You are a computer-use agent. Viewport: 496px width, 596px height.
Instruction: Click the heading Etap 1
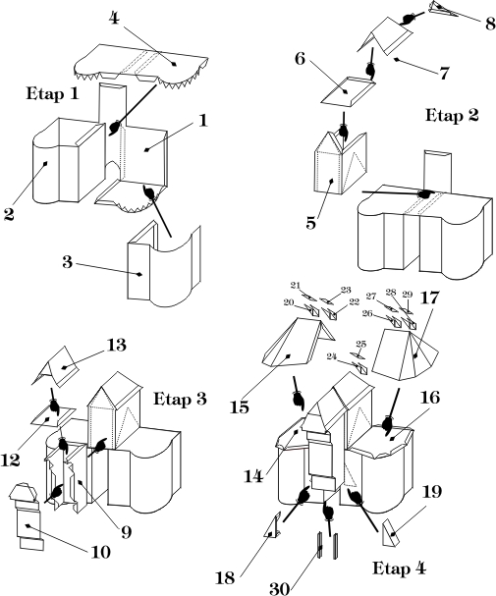[52, 93]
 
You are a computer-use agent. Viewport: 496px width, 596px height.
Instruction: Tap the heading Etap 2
[452, 115]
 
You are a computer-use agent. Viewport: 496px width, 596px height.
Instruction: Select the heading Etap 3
[180, 399]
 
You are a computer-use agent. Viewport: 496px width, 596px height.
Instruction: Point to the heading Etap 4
[399, 569]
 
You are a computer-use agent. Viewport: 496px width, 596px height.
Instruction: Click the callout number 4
[114, 18]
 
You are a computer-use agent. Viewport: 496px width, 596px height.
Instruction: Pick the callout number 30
[279, 589]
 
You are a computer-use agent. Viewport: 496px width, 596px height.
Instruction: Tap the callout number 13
[116, 346]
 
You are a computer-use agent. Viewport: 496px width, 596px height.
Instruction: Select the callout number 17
[429, 298]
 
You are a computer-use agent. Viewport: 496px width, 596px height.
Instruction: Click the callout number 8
[490, 24]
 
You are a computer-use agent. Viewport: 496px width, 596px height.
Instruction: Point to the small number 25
[360, 344]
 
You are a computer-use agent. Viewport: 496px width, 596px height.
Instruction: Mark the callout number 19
[432, 492]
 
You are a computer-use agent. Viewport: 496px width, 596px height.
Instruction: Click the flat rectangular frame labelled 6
[349, 91]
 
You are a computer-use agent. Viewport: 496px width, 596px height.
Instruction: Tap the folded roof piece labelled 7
[385, 36]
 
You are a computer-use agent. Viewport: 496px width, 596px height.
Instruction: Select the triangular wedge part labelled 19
[391, 534]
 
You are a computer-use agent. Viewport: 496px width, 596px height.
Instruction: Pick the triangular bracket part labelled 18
[273, 524]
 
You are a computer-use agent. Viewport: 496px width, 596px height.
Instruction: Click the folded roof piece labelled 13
[55, 365]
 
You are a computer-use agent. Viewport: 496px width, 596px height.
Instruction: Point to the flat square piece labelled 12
[53, 417]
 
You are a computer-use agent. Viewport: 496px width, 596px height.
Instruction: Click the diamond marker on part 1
[146, 150]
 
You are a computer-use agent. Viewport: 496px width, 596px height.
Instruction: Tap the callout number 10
[101, 552]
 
